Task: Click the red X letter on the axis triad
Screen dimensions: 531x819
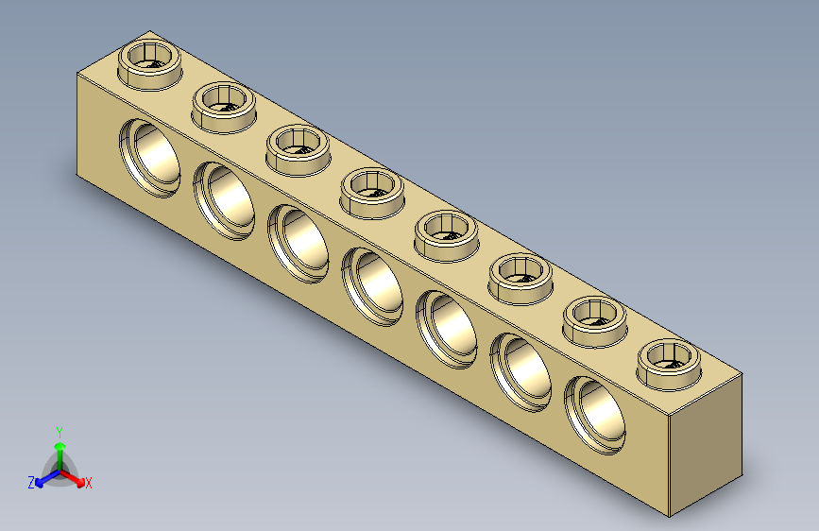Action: [x=89, y=484]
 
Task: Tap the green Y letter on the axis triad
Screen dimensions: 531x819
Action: [x=59, y=429]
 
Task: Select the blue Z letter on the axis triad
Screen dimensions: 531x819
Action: [x=31, y=482]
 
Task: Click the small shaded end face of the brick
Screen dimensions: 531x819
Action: [x=706, y=444]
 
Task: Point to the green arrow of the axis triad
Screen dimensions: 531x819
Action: [x=60, y=449]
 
